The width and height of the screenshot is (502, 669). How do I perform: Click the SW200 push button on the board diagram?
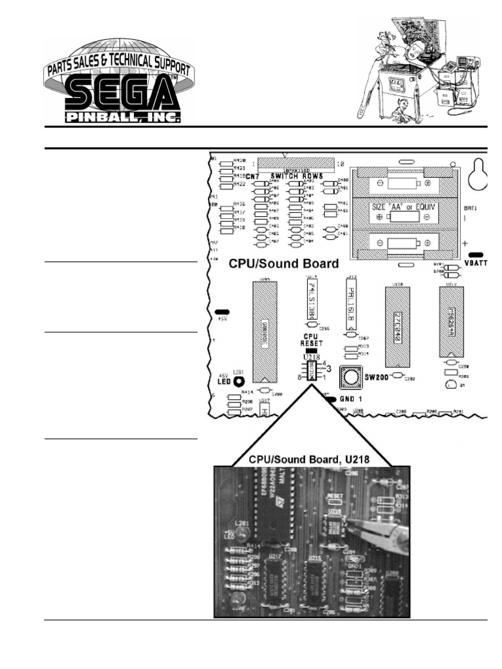click(x=350, y=377)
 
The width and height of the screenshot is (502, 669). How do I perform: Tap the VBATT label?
click(x=475, y=263)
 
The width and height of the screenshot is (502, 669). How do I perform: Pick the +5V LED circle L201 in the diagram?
click(x=239, y=382)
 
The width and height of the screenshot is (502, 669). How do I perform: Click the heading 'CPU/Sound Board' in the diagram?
click(x=284, y=264)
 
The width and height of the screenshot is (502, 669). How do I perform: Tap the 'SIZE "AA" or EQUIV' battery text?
click(x=403, y=207)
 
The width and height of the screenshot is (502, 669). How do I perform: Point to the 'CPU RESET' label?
click(x=310, y=340)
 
